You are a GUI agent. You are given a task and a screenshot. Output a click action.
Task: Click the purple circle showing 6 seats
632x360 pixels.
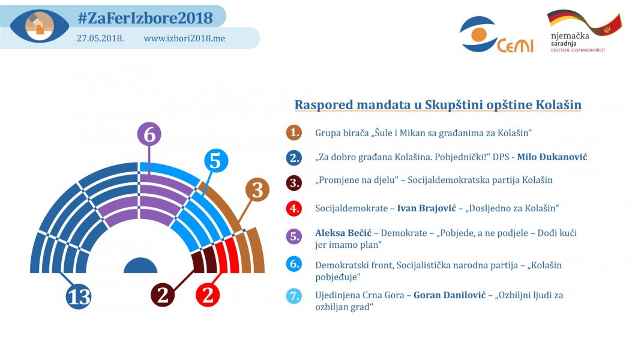149,135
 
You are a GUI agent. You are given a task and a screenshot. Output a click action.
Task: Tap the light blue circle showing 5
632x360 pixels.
216,161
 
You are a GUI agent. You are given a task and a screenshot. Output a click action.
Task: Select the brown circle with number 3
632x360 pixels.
257,190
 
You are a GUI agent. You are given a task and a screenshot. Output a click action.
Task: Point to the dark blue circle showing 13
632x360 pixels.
79,296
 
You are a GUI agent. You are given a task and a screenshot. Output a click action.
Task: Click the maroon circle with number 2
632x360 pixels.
162,295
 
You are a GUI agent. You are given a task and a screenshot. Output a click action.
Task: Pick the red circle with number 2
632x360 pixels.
208,295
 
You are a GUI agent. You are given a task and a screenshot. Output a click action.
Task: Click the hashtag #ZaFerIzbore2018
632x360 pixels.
145,18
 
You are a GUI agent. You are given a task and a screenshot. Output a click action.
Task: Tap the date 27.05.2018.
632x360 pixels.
100,38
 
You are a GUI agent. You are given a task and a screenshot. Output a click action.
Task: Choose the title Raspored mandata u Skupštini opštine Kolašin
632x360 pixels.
438,105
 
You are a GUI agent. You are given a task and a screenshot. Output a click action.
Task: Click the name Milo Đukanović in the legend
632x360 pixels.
552,157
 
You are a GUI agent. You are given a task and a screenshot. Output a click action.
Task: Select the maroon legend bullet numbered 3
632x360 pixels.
293,181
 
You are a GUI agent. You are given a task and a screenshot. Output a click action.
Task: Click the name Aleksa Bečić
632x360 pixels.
343,233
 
